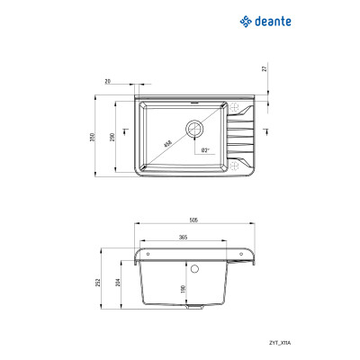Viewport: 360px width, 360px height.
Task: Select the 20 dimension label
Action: pyautogui.click(x=109, y=81)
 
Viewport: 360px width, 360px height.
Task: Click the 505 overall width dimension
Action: pyautogui.click(x=194, y=220)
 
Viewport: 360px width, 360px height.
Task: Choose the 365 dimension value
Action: pyautogui.click(x=182, y=237)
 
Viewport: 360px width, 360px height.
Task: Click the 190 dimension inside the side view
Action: pyautogui.click(x=184, y=289)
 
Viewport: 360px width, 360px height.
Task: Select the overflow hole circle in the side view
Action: pyautogui.click(x=195, y=268)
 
